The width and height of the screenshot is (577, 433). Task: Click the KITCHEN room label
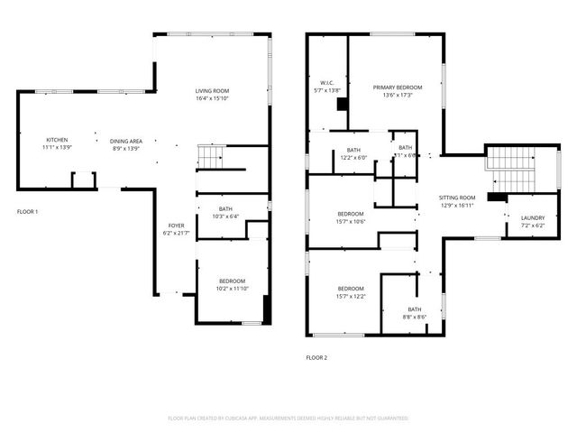coord(58,140)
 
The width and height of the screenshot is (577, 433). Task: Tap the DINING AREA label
coord(126,141)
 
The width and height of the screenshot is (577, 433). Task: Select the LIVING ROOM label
coord(214,91)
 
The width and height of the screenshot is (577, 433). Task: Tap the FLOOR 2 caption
coord(316,357)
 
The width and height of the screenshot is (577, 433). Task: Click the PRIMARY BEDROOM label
coord(397,88)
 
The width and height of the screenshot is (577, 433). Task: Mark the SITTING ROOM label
coord(457,197)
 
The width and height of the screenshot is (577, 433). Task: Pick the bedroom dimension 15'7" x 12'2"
coord(351,296)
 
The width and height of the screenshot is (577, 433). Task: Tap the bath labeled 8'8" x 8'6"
coord(415,317)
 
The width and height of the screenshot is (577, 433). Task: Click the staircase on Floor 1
coord(209,159)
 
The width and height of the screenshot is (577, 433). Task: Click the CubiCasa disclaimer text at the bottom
coord(288,418)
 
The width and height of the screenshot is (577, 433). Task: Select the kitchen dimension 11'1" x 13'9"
coord(58,147)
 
